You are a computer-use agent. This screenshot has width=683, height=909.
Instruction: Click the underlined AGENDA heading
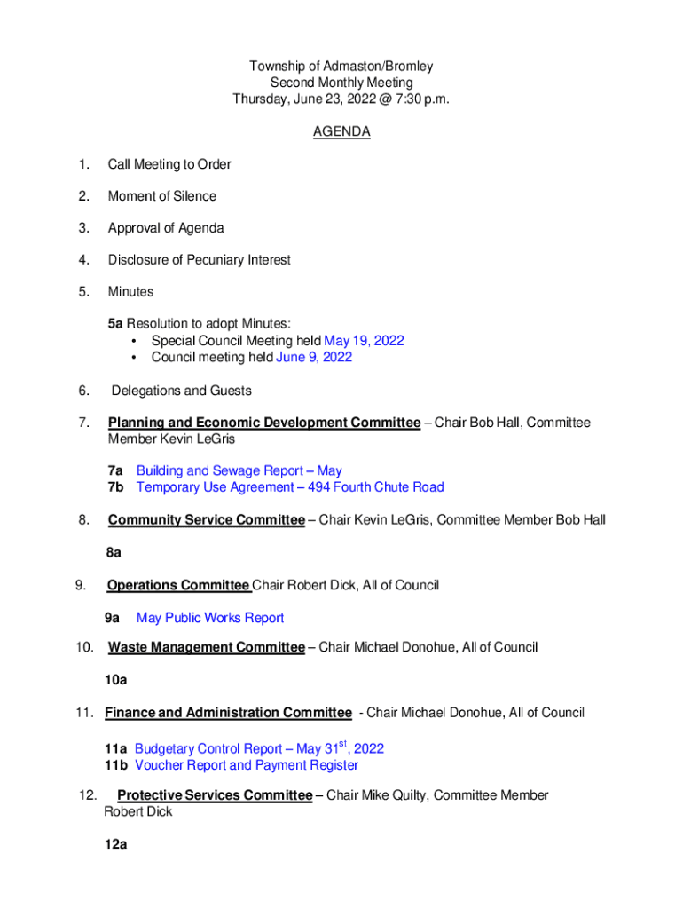pyautogui.click(x=341, y=132)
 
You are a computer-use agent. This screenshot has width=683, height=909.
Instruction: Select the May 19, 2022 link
pyautogui.click(x=365, y=341)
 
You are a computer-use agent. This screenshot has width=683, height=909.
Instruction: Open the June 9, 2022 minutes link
pyautogui.click(x=314, y=357)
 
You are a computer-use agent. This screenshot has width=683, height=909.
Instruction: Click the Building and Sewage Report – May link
pyautogui.click(x=239, y=470)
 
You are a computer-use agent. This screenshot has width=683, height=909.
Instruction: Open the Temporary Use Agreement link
pyautogui.click(x=290, y=487)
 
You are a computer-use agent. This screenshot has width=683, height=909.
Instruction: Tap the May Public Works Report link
pyautogui.click(x=210, y=618)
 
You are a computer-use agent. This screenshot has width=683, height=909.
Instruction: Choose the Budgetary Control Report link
pyautogui.click(x=259, y=749)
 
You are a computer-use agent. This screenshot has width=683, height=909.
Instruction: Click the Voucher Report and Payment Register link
pyautogui.click(x=247, y=765)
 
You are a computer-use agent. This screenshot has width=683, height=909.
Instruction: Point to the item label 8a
pyautogui.click(x=113, y=552)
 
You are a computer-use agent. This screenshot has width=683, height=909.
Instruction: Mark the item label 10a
pyautogui.click(x=115, y=681)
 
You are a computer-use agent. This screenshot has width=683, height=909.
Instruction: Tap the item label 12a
pyautogui.click(x=115, y=845)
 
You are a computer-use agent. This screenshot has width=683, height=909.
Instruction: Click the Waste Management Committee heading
pyautogui.click(x=206, y=647)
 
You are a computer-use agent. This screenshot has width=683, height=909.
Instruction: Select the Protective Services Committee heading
pyautogui.click(x=215, y=795)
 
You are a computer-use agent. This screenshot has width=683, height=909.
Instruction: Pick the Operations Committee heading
pyautogui.click(x=177, y=585)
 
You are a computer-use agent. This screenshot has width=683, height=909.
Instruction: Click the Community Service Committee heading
pyautogui.click(x=206, y=520)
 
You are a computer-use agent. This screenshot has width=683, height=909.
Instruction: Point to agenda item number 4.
pyautogui.click(x=83, y=260)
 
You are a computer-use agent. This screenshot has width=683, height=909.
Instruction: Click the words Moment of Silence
pyautogui.click(x=162, y=196)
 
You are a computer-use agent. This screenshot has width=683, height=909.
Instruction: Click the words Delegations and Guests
pyautogui.click(x=182, y=391)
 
